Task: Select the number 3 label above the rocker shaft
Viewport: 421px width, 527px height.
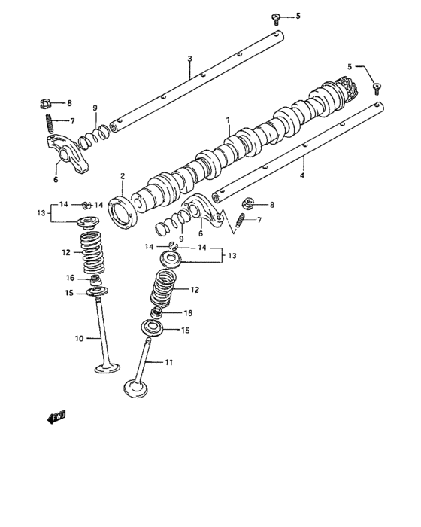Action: coord(189,59)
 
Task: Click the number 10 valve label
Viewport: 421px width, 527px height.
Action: coord(79,339)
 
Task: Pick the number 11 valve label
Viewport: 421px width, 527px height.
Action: coord(169,363)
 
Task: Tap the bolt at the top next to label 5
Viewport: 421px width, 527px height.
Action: coord(277,16)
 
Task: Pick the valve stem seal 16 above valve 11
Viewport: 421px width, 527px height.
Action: coord(156,312)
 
